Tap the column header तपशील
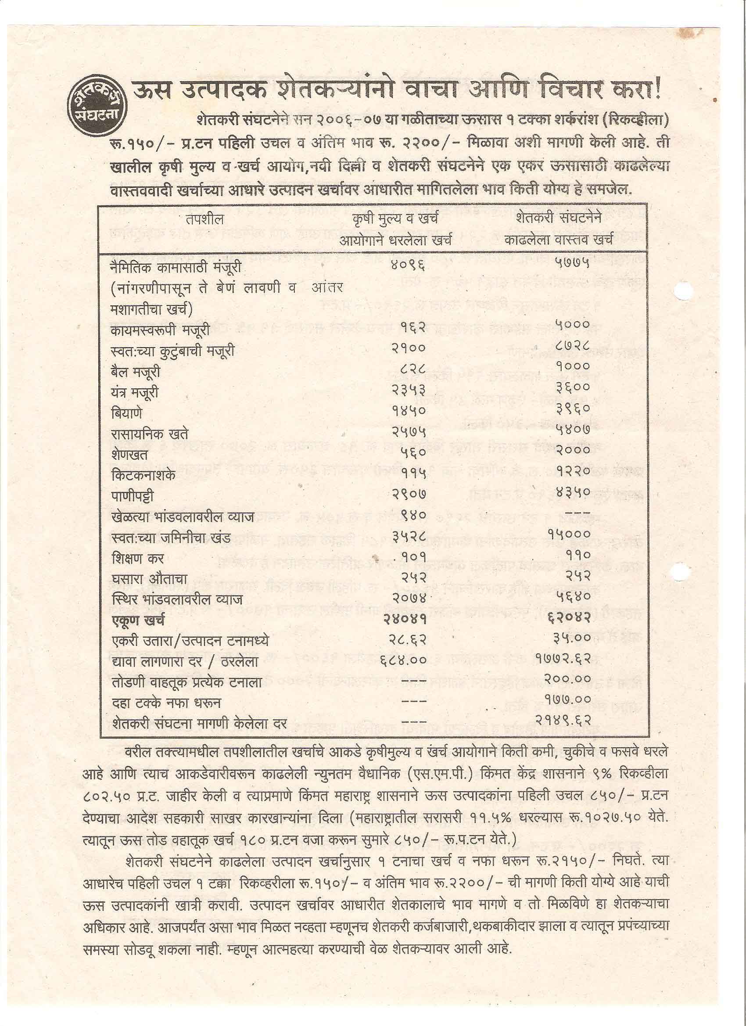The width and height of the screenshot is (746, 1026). click(x=204, y=219)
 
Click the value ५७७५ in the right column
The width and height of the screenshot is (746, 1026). click(x=573, y=263)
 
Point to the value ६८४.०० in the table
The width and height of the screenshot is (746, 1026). click(x=403, y=660)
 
